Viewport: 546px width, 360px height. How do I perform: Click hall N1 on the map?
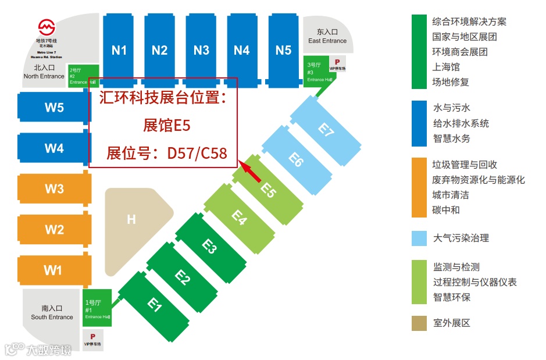click(119, 50)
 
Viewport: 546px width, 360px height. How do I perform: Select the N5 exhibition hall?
click(283, 50)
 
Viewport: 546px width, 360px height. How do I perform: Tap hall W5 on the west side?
click(54, 108)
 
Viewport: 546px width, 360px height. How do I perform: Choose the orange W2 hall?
click(54, 230)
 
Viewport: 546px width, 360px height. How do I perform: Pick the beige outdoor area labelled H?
click(133, 220)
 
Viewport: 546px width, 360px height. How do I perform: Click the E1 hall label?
click(154, 304)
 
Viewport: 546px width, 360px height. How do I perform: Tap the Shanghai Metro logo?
click(47, 27)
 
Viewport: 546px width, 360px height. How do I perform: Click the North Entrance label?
click(44, 72)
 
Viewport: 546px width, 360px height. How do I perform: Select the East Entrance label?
click(327, 37)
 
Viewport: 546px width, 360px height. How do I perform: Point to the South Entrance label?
click(52, 313)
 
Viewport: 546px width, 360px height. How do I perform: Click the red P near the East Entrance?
click(337, 61)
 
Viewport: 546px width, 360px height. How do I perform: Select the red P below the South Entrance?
click(92, 337)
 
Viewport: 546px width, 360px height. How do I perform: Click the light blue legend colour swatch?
click(419, 238)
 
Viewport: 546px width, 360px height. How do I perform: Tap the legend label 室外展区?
click(451, 323)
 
